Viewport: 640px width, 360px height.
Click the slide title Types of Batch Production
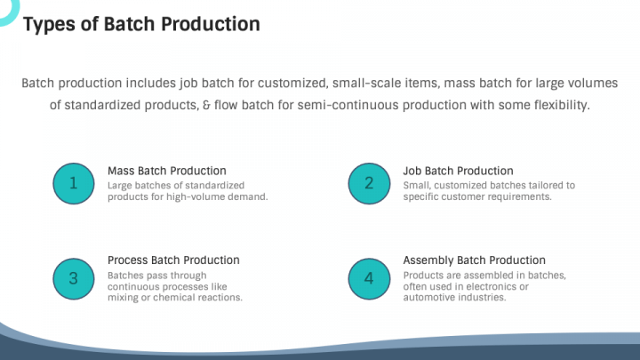[x=141, y=24]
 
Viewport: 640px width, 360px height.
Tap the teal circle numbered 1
[x=74, y=183]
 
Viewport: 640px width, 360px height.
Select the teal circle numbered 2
[x=369, y=183]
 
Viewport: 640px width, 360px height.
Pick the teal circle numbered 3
[x=74, y=278]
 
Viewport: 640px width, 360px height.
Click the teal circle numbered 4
[x=369, y=278]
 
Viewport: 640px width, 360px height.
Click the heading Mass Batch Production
[x=166, y=171]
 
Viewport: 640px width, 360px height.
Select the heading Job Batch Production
[x=458, y=171]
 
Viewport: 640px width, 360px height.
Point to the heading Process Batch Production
[x=173, y=260]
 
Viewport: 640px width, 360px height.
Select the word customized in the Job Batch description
[x=463, y=185]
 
